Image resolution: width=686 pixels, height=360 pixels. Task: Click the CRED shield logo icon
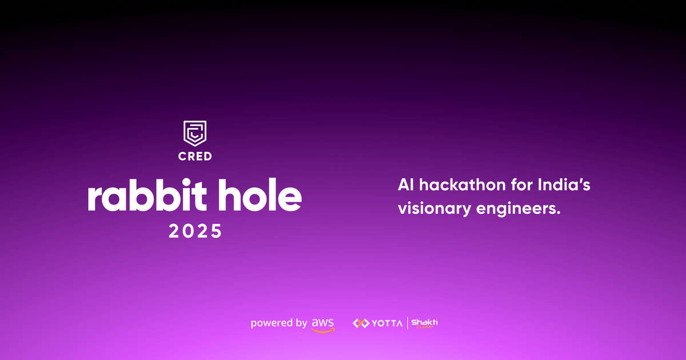click(x=194, y=133)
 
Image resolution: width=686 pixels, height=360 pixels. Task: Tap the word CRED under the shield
click(x=194, y=155)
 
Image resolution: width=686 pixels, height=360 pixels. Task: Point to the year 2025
click(x=194, y=231)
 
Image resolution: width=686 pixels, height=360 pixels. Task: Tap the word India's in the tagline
click(x=565, y=186)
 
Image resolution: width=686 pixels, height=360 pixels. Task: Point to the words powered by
click(x=278, y=323)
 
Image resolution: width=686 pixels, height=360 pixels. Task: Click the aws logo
click(x=323, y=323)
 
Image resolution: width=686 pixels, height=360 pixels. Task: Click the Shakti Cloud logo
click(x=425, y=323)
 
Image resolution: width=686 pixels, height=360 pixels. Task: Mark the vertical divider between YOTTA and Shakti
click(x=407, y=323)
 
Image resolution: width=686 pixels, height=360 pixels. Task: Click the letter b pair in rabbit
click(x=150, y=196)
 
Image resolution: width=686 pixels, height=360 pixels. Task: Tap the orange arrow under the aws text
click(x=324, y=329)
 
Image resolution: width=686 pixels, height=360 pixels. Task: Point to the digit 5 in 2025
click(x=215, y=231)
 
